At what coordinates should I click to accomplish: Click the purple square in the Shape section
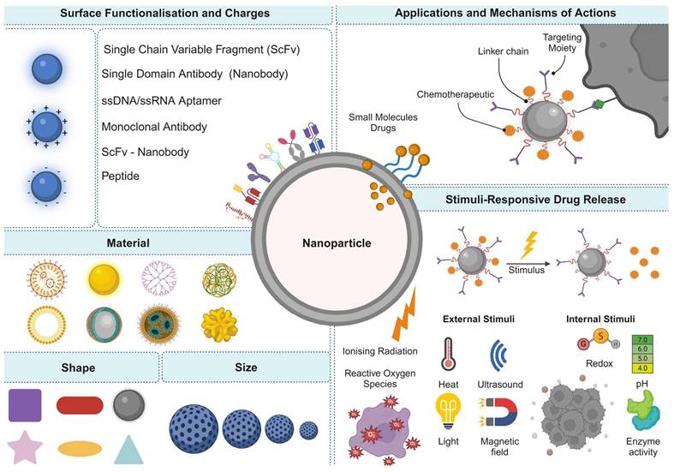pos(25,404)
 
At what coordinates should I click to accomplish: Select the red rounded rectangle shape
pos(80,405)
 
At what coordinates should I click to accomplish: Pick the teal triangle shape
pos(127,449)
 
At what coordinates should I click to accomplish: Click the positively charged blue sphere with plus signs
pos(48,128)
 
